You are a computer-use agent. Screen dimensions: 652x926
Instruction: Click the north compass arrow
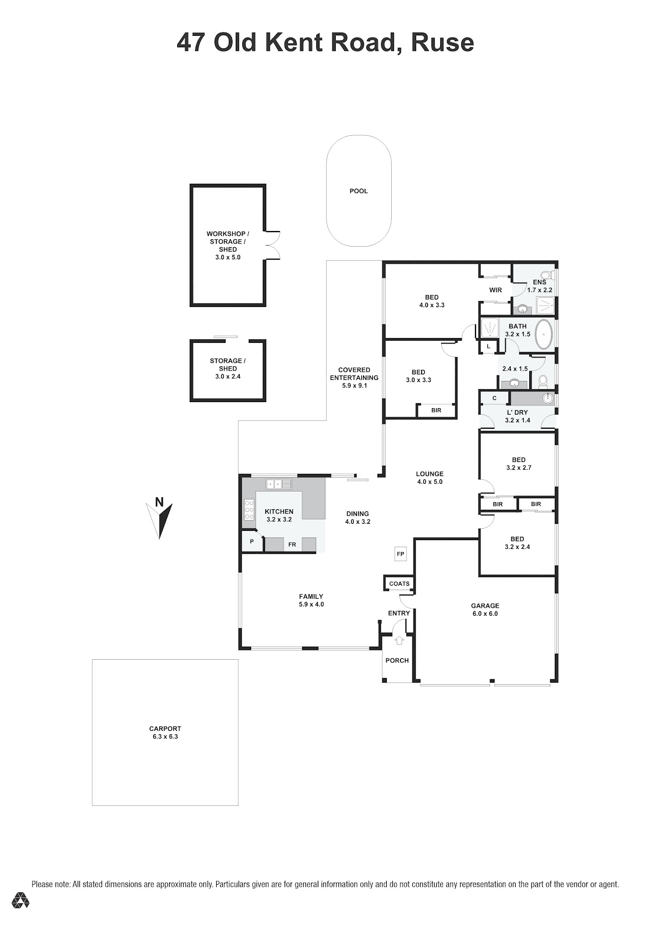click(x=160, y=521)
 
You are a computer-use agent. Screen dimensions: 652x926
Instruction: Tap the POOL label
click(x=359, y=191)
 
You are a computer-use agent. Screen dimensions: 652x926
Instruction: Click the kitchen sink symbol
click(x=279, y=484)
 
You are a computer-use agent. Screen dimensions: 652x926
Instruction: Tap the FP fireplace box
click(x=400, y=554)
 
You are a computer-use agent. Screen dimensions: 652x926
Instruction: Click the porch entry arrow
click(x=399, y=640)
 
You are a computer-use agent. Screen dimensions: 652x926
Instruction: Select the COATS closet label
click(x=399, y=584)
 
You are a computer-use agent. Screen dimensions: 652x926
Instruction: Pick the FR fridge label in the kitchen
click(x=292, y=545)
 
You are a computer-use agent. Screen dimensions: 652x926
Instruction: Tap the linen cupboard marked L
click(x=488, y=346)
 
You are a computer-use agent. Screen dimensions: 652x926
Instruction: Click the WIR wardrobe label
click(x=496, y=290)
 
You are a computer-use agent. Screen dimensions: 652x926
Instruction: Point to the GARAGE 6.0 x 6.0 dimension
click(x=485, y=614)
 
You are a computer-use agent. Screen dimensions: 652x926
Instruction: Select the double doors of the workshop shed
click(x=273, y=245)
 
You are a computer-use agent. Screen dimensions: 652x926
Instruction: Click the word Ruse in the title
click(x=442, y=43)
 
